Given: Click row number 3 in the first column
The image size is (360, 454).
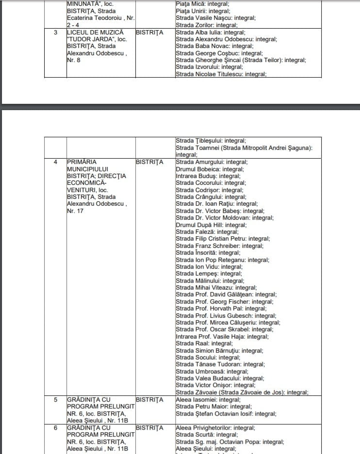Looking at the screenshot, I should tap(55, 32).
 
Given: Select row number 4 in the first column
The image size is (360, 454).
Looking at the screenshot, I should tap(55, 162).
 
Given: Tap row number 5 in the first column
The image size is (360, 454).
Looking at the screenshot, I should tap(55, 400).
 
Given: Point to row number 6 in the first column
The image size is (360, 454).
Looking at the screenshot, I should tap(55, 428).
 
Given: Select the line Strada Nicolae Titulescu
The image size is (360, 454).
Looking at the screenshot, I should tap(221, 74).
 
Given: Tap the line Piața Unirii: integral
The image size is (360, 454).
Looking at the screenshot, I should tap(203, 11).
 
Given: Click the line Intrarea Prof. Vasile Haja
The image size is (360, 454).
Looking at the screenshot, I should tap(215, 336).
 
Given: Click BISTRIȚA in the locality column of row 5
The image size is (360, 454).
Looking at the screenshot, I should tap(150, 400).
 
